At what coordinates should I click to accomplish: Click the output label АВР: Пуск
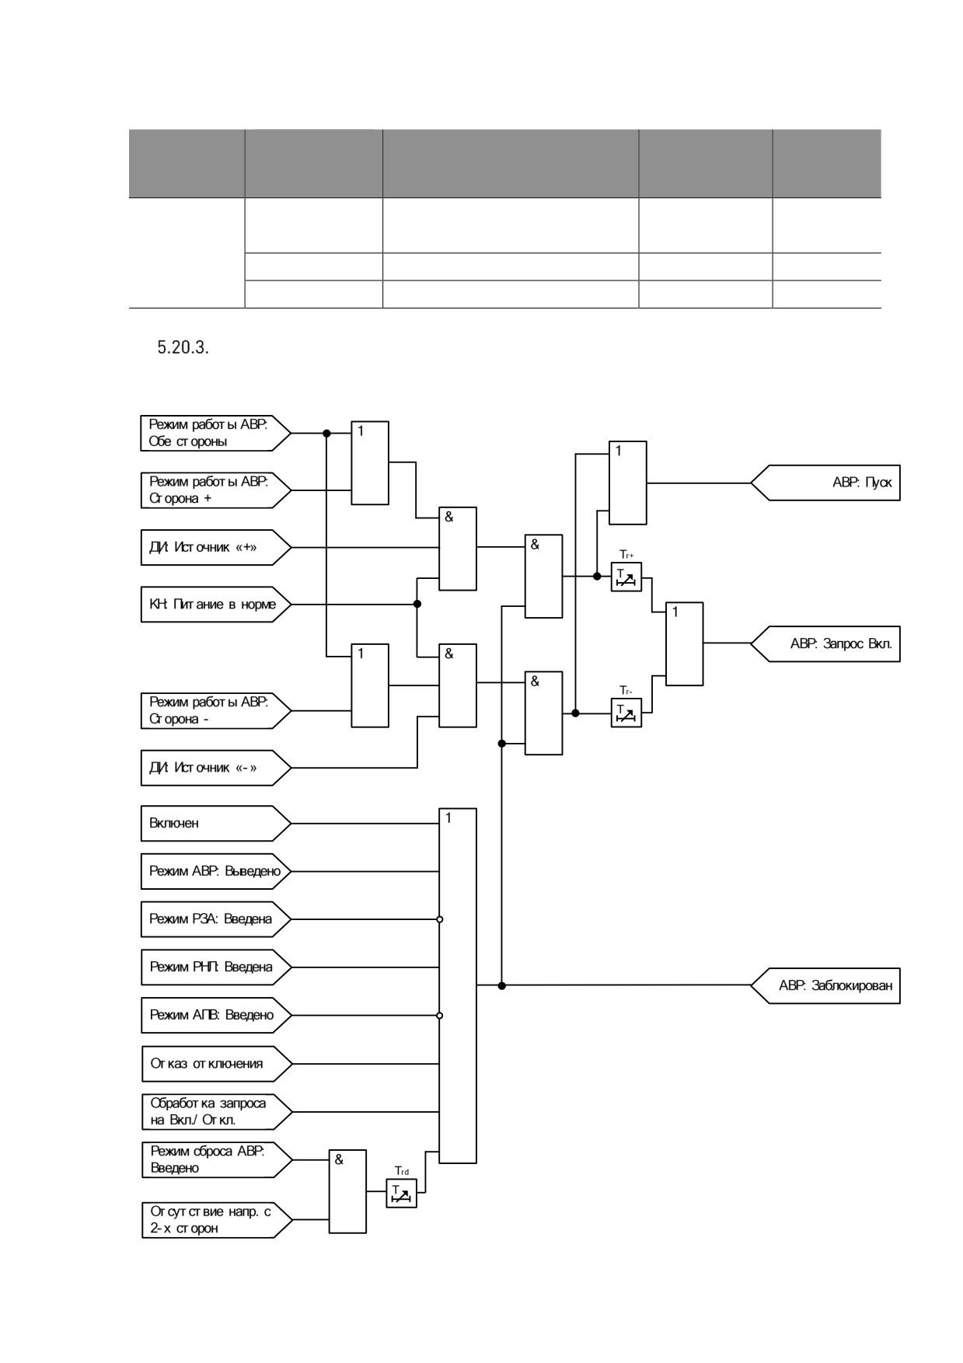(x=825, y=483)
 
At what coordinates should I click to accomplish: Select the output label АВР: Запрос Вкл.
(x=825, y=643)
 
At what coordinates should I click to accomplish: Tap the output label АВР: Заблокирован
(x=825, y=985)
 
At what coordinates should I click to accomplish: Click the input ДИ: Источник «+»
(x=216, y=548)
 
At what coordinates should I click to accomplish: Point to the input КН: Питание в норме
(x=216, y=604)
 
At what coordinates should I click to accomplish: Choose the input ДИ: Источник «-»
(x=216, y=768)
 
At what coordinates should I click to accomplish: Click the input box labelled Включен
(x=216, y=823)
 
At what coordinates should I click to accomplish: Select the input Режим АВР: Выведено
(x=216, y=871)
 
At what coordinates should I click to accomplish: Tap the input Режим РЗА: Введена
(x=216, y=919)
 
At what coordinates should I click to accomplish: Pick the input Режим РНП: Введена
(x=216, y=967)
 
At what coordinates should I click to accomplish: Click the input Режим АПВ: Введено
(x=216, y=1015)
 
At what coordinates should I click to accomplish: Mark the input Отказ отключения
(x=216, y=1063)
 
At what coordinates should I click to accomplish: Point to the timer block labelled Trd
(x=401, y=1193)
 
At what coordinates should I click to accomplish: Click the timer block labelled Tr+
(x=626, y=577)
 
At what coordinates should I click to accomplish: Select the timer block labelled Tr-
(x=626, y=713)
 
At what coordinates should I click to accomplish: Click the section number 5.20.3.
(x=183, y=347)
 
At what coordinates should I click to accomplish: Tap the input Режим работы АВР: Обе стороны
(x=216, y=433)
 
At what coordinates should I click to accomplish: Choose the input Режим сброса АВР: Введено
(x=216, y=1159)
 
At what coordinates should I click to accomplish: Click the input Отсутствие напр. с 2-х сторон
(x=216, y=1220)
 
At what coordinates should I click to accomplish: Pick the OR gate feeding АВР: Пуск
(x=627, y=483)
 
